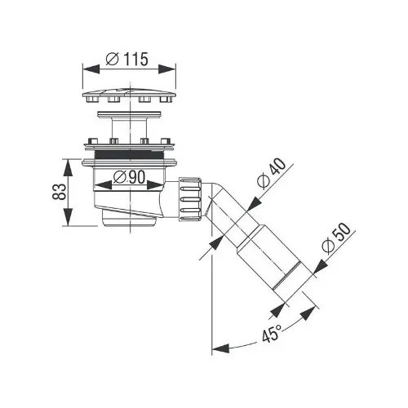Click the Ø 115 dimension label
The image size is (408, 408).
pos(127,59)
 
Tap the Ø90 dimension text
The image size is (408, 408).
pos(129,178)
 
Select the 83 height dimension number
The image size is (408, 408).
pos(60,192)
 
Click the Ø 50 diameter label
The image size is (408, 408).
pos(336,238)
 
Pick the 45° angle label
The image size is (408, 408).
pos(272,332)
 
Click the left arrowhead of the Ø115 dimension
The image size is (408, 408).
pos(91,69)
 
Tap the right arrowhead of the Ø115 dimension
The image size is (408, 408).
pos(166,69)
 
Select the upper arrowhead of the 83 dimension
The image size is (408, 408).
pos(69,167)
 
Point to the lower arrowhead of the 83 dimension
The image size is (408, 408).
pos(69,217)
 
